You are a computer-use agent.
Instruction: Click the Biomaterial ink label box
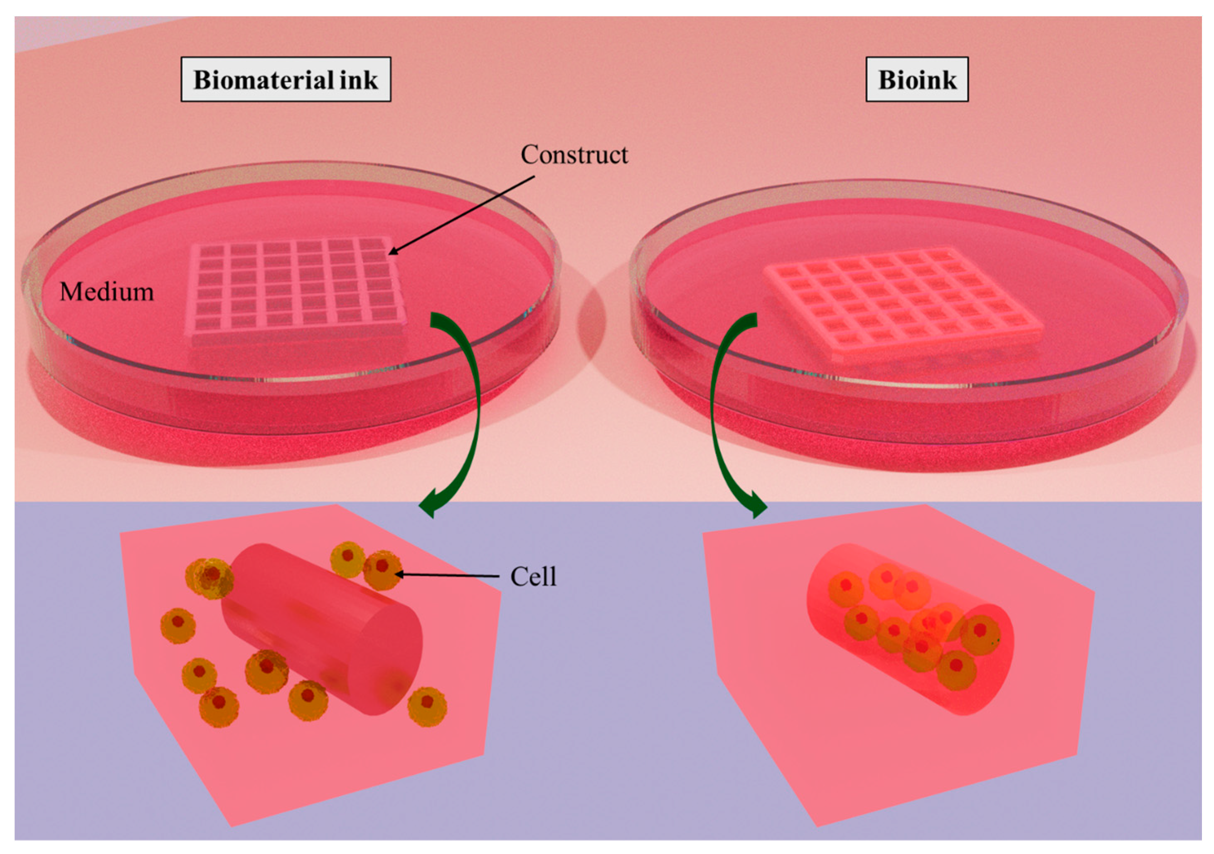pyautogui.click(x=286, y=79)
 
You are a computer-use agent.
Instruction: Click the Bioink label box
pyautogui.click(x=916, y=79)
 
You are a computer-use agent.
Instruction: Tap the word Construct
pyautogui.click(x=574, y=155)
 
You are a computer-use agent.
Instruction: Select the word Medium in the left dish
pyautogui.click(x=106, y=292)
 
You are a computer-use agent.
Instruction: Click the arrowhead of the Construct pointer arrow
pyautogui.click(x=392, y=253)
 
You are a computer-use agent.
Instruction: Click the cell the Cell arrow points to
pyautogui.click(x=382, y=570)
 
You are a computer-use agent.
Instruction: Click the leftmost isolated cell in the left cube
pyautogui.click(x=177, y=625)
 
